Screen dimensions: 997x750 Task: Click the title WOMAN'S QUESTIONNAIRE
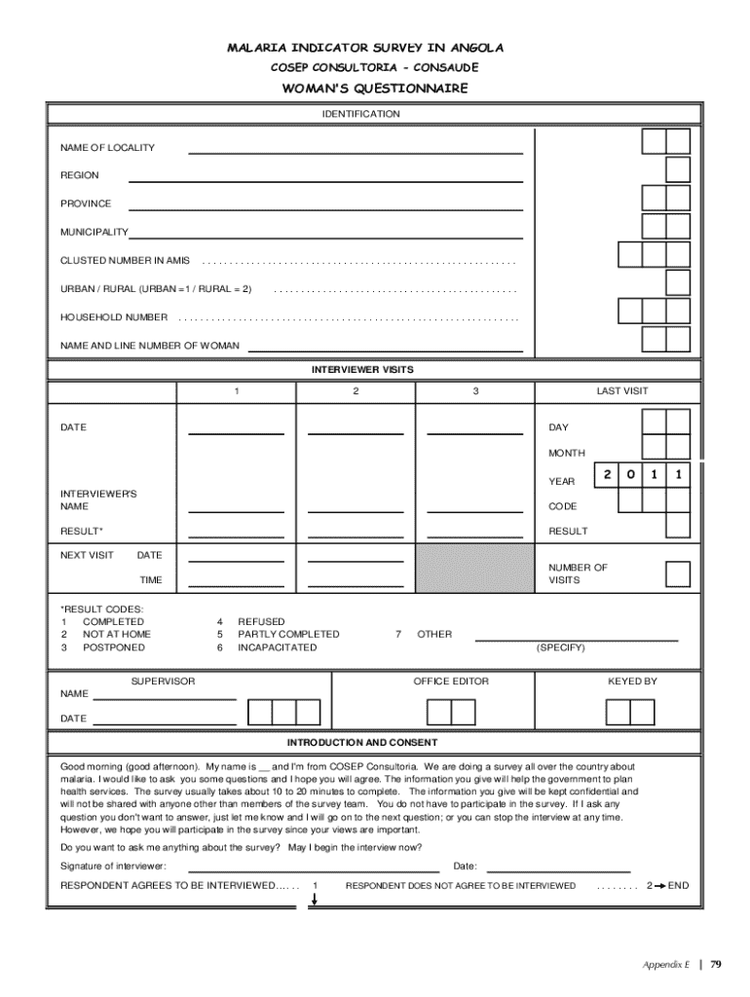pos(375,89)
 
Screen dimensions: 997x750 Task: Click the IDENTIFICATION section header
pos(360,114)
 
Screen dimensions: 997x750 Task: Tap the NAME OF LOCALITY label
pos(107,148)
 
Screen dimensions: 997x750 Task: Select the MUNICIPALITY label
pos(94,233)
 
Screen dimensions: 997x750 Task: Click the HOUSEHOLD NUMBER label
pos(114,317)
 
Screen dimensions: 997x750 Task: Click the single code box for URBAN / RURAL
pos(678,282)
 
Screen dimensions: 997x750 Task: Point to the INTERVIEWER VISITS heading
pos(362,370)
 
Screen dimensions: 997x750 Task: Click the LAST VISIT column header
pos(621,391)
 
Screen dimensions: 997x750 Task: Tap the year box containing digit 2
pos(606,475)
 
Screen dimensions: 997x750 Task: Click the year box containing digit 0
pos(630,475)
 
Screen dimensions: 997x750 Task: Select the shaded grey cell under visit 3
pos(474,568)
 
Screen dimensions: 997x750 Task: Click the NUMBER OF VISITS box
pos(678,573)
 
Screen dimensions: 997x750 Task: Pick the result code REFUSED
pos(261,621)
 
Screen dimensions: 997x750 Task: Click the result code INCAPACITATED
pos(277,647)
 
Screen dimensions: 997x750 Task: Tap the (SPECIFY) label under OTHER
pos(560,647)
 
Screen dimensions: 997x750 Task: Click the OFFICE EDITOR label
pos(451,682)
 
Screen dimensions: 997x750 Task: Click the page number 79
pos(716,965)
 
